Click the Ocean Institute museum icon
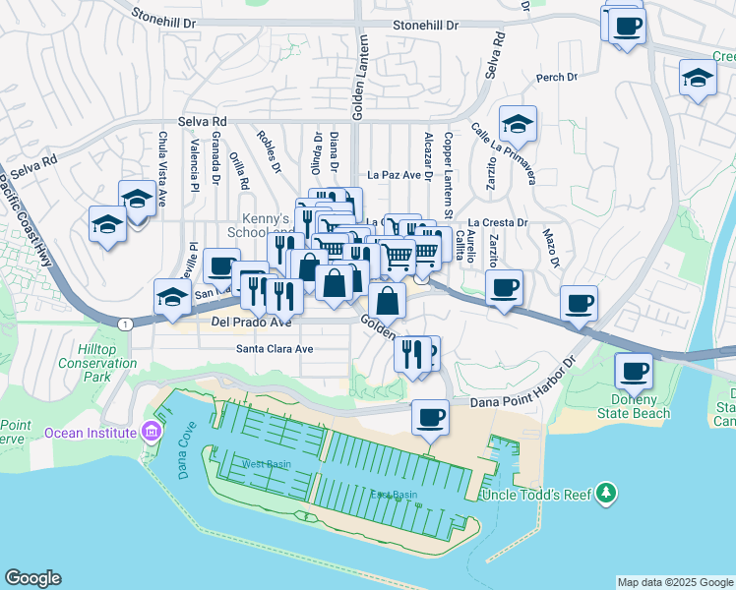150,432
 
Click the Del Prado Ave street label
250,322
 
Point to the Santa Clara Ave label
274,349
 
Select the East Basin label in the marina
391,496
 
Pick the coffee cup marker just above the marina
430,416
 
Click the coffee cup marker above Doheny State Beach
634,371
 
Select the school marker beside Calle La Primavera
518,124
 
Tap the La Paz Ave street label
394,173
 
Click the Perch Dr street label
556,78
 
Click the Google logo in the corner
32,578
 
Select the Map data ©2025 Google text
674,582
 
